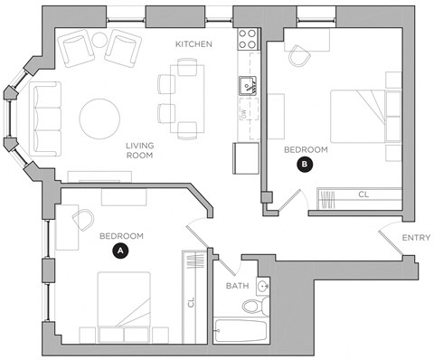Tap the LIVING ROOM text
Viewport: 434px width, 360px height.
139,150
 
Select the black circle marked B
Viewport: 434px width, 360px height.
305,165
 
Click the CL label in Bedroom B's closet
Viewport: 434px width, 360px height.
363,194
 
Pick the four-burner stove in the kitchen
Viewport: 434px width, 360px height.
247,39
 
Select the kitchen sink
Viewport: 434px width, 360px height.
246,86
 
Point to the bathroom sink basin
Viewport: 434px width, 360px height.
261,287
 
